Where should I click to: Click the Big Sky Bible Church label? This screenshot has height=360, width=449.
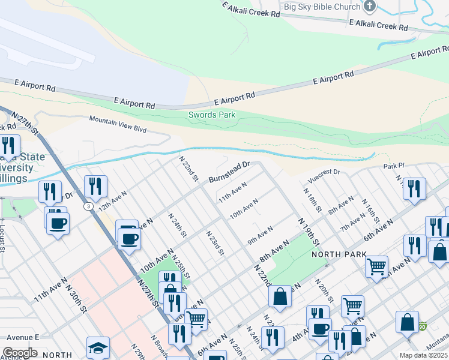tap(321, 7)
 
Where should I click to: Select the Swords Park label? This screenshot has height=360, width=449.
tap(212, 115)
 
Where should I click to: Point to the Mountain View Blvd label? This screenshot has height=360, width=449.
tap(118, 124)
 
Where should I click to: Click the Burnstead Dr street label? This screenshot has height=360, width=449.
tap(229, 172)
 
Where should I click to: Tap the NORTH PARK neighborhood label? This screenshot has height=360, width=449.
tap(335, 254)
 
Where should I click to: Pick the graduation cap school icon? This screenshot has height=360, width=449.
tap(98, 348)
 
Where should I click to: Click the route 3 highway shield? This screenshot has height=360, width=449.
tap(89, 206)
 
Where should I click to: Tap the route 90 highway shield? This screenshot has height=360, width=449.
tap(423, 326)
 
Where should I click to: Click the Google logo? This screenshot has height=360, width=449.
tap(20, 352)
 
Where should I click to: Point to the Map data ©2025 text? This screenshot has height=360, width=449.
tap(424, 355)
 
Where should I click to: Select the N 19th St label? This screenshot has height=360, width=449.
tap(307, 233)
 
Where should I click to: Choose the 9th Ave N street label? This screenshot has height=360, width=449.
tap(260, 235)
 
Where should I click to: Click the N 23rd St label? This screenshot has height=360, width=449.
tap(214, 243)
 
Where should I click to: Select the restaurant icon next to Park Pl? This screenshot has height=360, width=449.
tap(414, 188)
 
